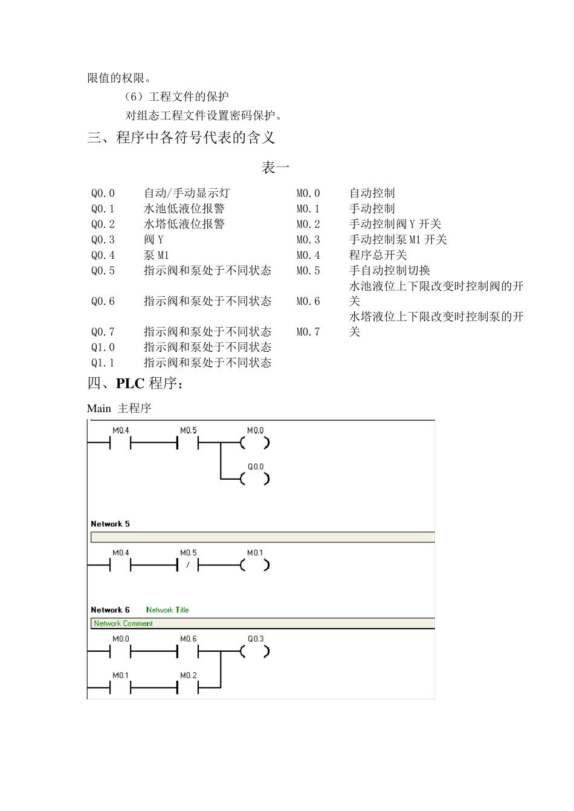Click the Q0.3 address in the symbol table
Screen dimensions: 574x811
point(103,240)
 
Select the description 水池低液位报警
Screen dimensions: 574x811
point(184,209)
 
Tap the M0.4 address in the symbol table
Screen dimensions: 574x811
point(308,255)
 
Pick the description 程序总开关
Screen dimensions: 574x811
point(378,255)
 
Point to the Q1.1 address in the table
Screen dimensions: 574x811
point(103,363)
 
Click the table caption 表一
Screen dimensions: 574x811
point(275,167)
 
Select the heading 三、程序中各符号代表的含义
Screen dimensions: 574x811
point(181,138)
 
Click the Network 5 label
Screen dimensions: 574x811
point(110,524)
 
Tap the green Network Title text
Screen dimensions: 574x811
point(167,610)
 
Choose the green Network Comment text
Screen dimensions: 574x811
point(123,623)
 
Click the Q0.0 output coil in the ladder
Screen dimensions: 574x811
point(255,479)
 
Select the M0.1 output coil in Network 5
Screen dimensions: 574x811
point(255,565)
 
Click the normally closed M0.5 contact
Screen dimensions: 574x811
point(188,565)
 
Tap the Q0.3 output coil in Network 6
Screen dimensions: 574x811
point(255,652)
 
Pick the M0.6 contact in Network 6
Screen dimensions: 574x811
point(188,652)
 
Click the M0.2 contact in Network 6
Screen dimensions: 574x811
point(188,688)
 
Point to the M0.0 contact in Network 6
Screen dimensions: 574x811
point(120,652)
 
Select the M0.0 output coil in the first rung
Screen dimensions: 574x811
point(255,443)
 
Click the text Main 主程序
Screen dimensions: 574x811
point(119,409)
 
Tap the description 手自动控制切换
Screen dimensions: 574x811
point(390,271)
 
